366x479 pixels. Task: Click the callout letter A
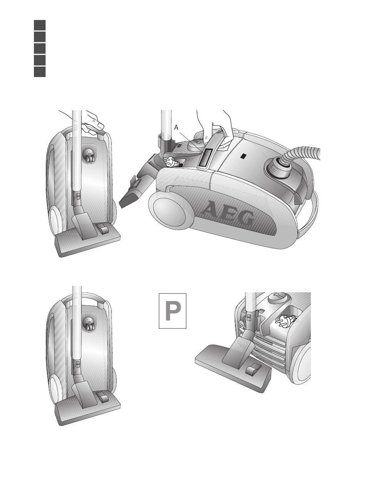[x=176, y=128]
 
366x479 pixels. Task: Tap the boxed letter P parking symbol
[x=173, y=311]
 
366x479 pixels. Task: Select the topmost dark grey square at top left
[x=40, y=25]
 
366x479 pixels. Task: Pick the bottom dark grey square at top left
[x=40, y=72]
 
